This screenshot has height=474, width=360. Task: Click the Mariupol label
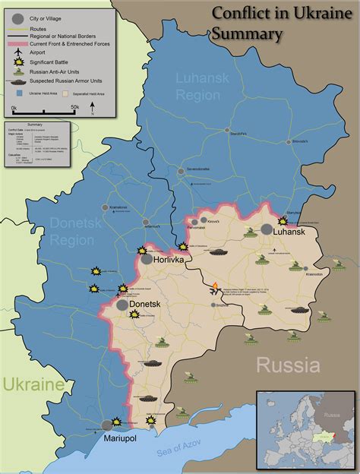pos(108,438)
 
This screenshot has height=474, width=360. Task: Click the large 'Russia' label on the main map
pos(287,365)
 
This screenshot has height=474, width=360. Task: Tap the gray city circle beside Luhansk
pos(267,229)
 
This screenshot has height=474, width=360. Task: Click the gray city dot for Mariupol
pos(107,425)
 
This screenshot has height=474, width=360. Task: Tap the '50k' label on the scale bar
pos(74,109)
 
